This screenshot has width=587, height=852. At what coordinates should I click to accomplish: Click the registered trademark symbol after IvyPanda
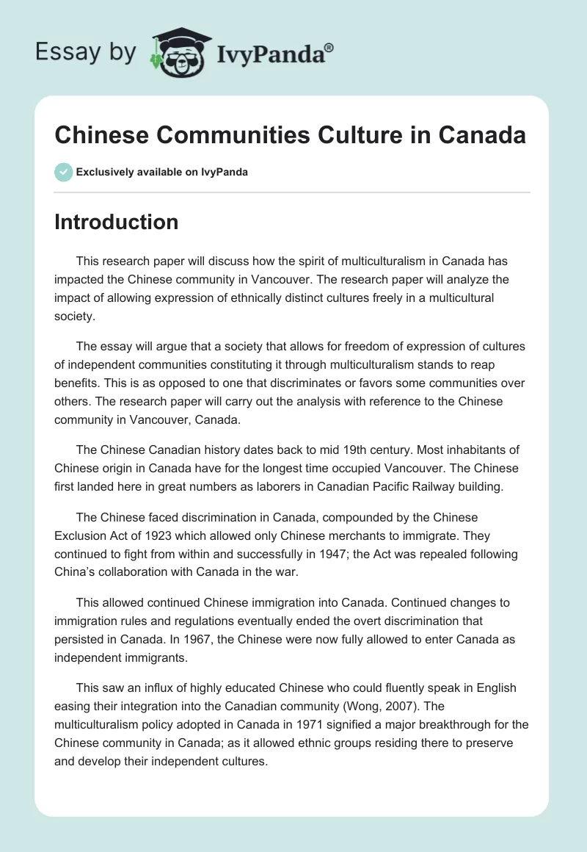click(329, 47)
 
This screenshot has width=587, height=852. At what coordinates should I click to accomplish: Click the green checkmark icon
click(62, 172)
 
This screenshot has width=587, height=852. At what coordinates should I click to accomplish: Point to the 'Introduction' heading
click(116, 222)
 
